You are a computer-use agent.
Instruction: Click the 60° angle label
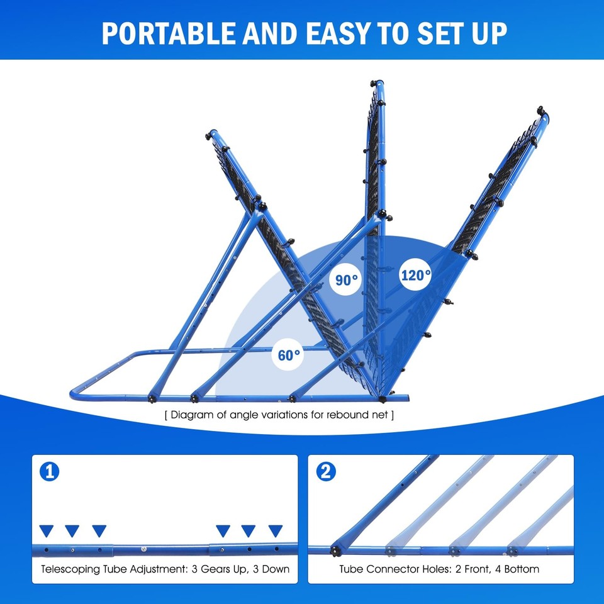coord(289,355)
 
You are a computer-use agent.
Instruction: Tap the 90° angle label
coord(346,280)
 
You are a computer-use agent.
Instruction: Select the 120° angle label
coord(416,275)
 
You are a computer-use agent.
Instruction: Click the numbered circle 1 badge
coord(49,472)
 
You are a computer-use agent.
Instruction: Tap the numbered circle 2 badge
coord(325,472)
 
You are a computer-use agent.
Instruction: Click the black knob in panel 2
coord(335,552)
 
